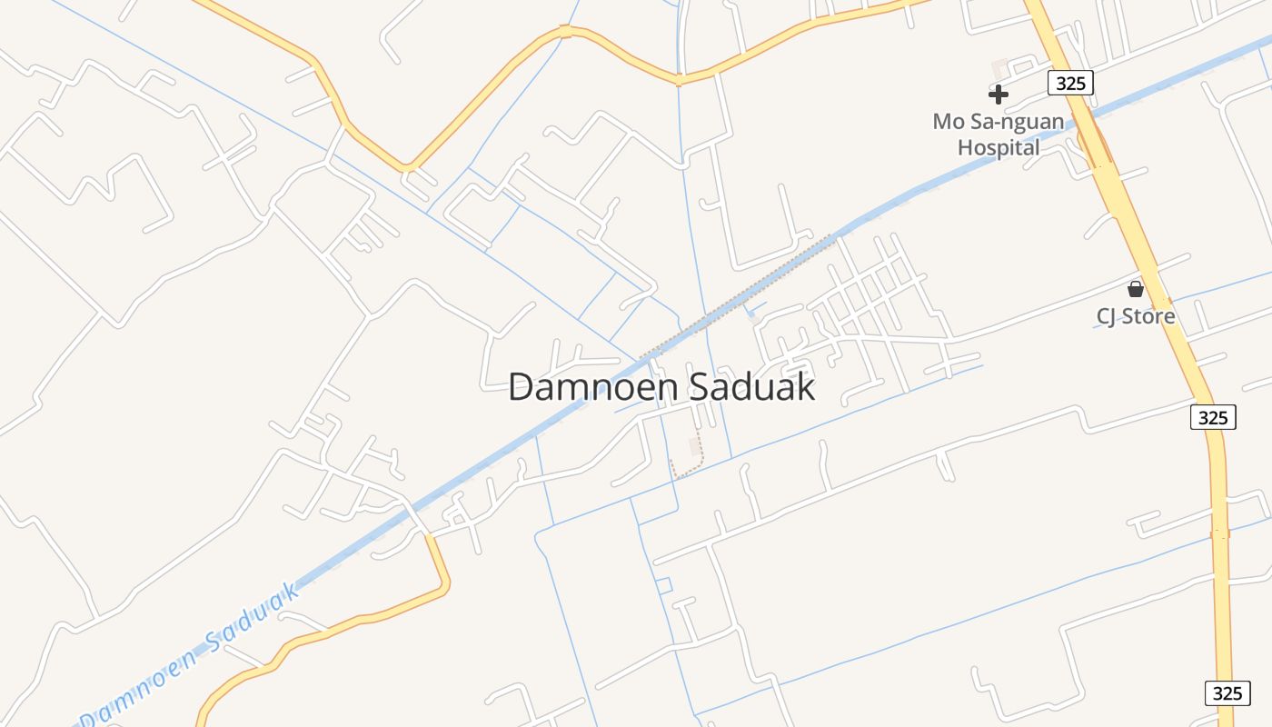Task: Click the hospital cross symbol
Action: [x=999, y=94]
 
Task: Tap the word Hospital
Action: [x=999, y=147]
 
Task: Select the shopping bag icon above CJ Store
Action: [x=1135, y=290]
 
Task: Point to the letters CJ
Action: [x=1107, y=316]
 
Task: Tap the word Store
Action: [x=1148, y=316]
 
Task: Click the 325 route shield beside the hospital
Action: [x=1070, y=83]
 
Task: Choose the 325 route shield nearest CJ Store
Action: [x=1213, y=417]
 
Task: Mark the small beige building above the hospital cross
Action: [x=1000, y=68]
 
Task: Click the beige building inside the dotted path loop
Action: [x=696, y=446]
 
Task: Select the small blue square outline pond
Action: [x=664, y=585]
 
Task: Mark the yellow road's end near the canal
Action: [x=432, y=539]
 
